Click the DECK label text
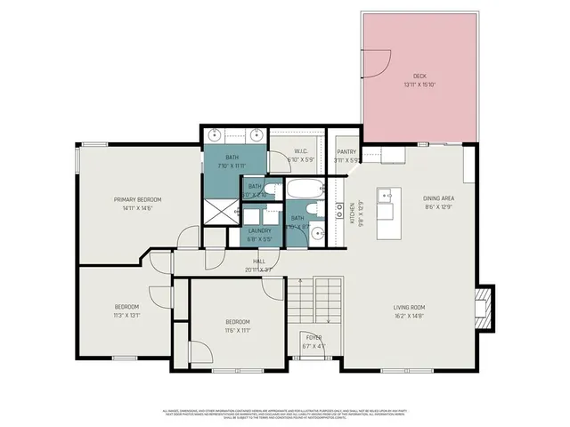419,77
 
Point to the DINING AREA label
439,198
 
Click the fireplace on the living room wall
481,308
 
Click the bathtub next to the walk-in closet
303,189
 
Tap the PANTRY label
346,152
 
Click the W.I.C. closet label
301,152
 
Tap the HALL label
247,262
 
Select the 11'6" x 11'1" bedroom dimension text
237,329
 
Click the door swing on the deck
378,64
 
